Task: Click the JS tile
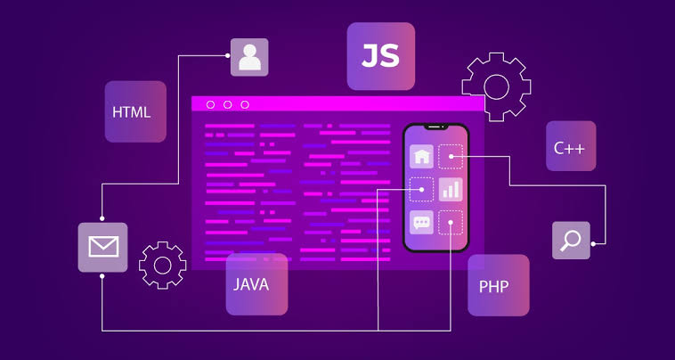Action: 381,56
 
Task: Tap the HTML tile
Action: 135,111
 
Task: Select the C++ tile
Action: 571,145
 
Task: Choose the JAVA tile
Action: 256,283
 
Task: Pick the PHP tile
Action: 499,285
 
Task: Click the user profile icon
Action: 249,57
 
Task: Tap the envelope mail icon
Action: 103,247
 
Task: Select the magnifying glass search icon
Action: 571,241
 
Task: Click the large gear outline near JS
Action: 496,87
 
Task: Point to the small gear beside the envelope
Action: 163,265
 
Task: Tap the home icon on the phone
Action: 421,156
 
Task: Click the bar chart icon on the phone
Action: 451,190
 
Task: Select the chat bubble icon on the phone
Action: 421,222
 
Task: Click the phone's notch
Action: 435,127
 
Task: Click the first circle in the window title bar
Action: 210,104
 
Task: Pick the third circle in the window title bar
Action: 245,104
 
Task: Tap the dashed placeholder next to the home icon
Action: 451,156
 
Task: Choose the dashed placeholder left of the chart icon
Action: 421,190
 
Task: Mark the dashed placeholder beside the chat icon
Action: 451,222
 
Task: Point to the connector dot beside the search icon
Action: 593,244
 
